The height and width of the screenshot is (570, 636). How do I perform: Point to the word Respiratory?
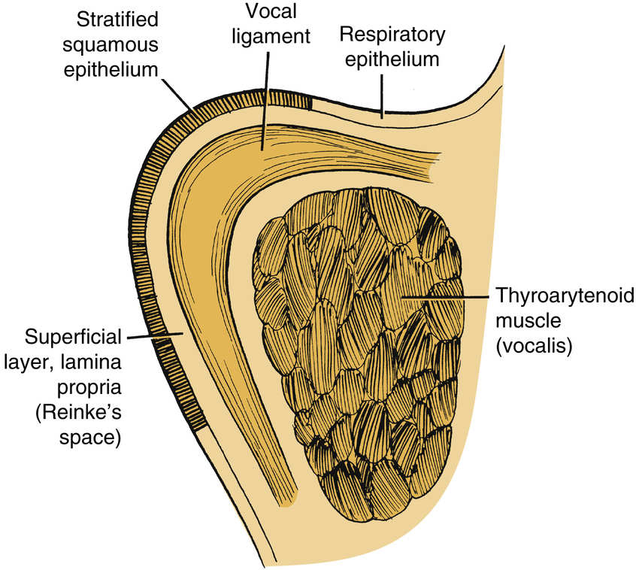[392, 34]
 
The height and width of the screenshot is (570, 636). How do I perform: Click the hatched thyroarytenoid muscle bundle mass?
[361, 361]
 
